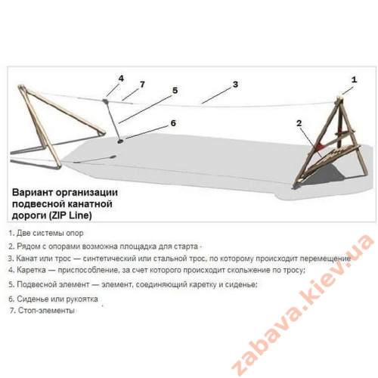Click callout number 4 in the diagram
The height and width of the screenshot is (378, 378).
[121, 79]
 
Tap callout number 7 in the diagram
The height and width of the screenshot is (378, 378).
[142, 85]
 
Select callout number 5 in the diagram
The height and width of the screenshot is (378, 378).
[175, 90]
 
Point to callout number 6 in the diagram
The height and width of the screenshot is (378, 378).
[173, 123]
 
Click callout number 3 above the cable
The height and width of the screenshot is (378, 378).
[235, 85]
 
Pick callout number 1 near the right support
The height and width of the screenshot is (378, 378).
[354, 79]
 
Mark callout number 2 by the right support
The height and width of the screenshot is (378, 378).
[299, 123]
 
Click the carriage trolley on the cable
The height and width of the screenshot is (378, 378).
[105, 101]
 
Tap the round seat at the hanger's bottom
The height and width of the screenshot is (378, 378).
[120, 141]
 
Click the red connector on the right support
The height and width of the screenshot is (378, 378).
[321, 147]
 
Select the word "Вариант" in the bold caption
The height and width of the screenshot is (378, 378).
[33, 193]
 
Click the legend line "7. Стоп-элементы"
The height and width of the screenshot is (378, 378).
[42, 311]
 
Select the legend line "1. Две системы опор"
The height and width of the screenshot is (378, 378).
[46, 234]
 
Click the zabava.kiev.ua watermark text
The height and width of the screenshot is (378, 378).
[302, 305]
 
